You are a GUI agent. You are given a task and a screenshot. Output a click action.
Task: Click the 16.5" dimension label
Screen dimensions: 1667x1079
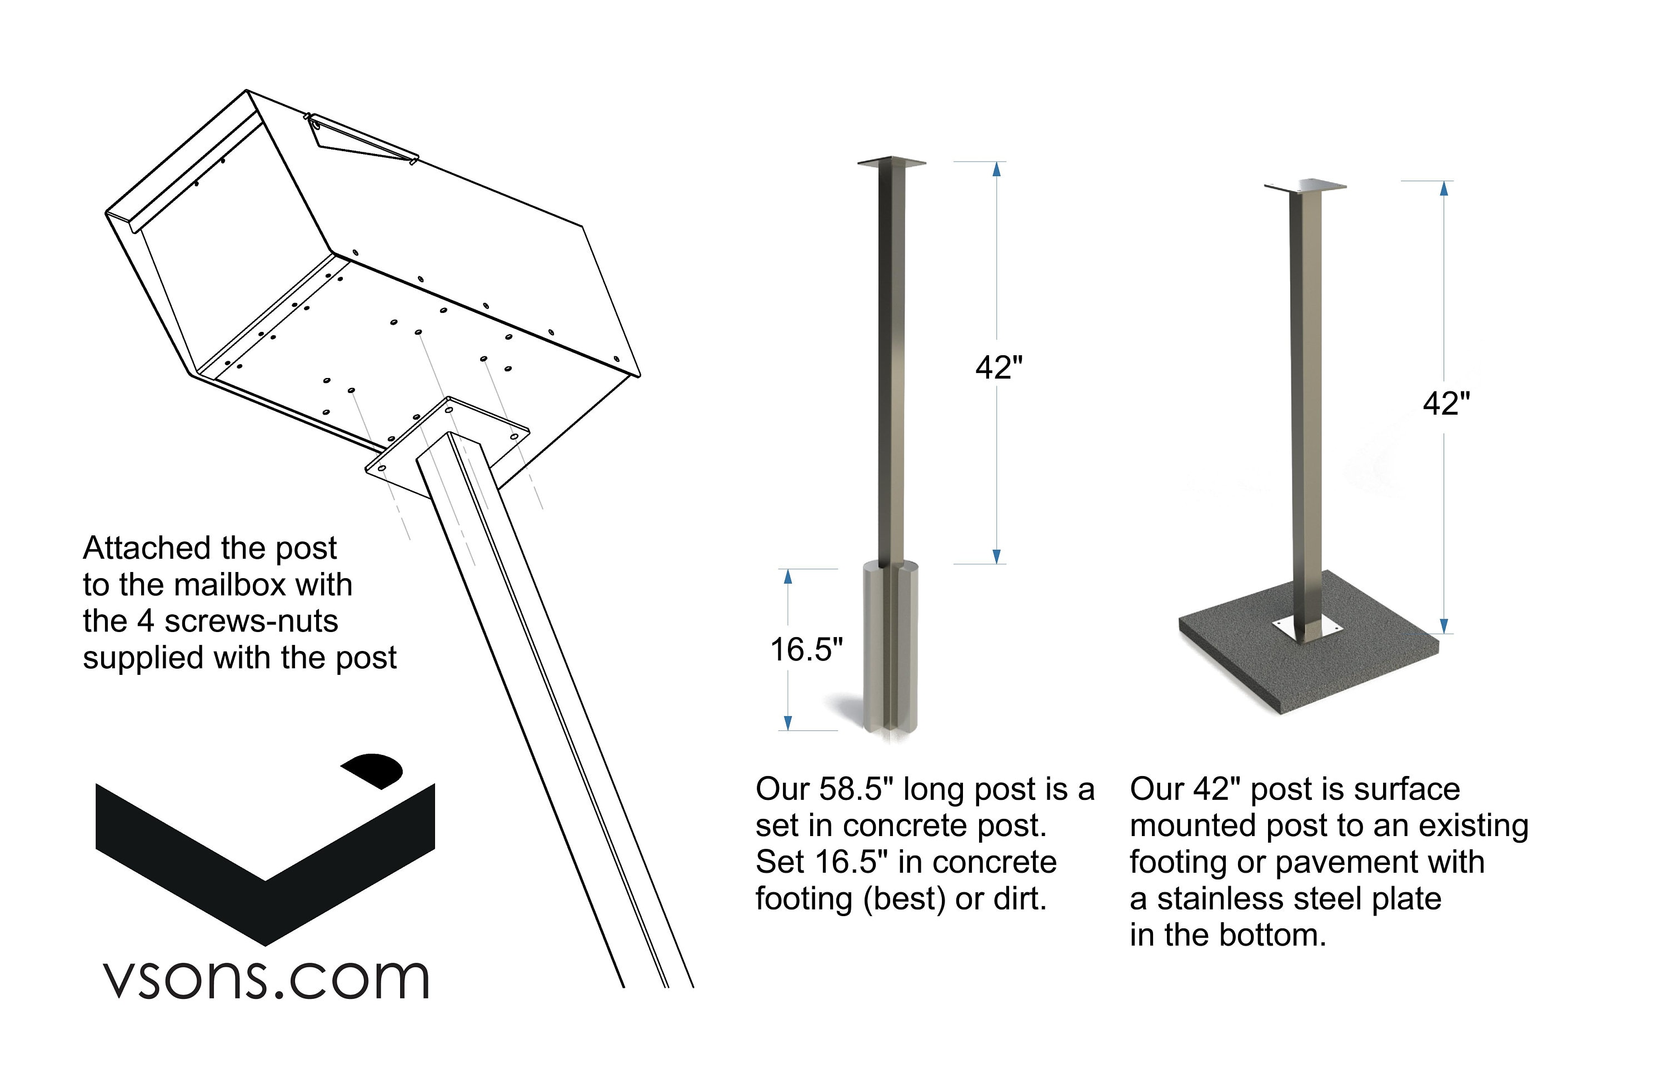pyautogui.click(x=806, y=649)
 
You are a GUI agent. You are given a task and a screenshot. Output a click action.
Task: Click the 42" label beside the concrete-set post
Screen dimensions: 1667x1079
pyautogui.click(x=999, y=367)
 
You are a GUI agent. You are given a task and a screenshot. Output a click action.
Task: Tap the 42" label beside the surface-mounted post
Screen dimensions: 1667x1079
pyautogui.click(x=1446, y=404)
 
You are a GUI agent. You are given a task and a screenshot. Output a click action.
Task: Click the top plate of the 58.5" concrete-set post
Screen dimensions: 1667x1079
pyautogui.click(x=892, y=162)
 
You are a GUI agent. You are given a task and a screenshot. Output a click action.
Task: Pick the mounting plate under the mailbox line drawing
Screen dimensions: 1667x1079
pyautogui.click(x=447, y=447)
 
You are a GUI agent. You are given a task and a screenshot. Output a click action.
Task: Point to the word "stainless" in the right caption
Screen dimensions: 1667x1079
pyautogui.click(x=1220, y=899)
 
